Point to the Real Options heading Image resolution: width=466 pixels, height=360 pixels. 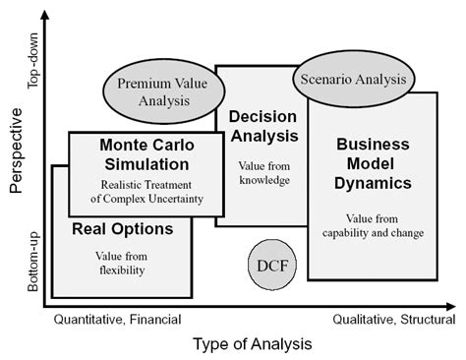click(123, 230)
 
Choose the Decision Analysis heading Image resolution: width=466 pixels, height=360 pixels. click(262, 125)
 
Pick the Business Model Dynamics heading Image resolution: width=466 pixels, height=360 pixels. click(373, 163)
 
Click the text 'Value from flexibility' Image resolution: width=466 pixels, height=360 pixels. click(122, 263)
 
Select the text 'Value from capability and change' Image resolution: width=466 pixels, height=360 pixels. click(373, 225)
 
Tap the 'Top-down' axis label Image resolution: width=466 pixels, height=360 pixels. click(32, 65)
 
